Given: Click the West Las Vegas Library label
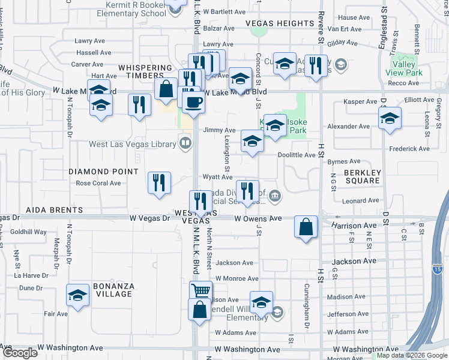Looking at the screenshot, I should (133, 144).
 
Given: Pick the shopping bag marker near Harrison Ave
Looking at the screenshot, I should (306, 227).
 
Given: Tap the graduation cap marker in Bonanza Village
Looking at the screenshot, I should (77, 295).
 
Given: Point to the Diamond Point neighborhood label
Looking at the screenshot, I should (96, 171).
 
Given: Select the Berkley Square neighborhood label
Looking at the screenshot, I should (363, 176).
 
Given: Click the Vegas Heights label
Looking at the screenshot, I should (280, 23).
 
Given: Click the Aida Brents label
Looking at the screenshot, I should (54, 211).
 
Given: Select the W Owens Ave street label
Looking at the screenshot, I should (258, 219).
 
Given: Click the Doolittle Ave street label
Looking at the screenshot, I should (297, 155).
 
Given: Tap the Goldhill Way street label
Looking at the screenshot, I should (28, 232).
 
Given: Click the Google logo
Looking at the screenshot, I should (20, 353).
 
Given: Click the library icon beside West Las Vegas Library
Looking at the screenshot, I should (185, 143).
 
